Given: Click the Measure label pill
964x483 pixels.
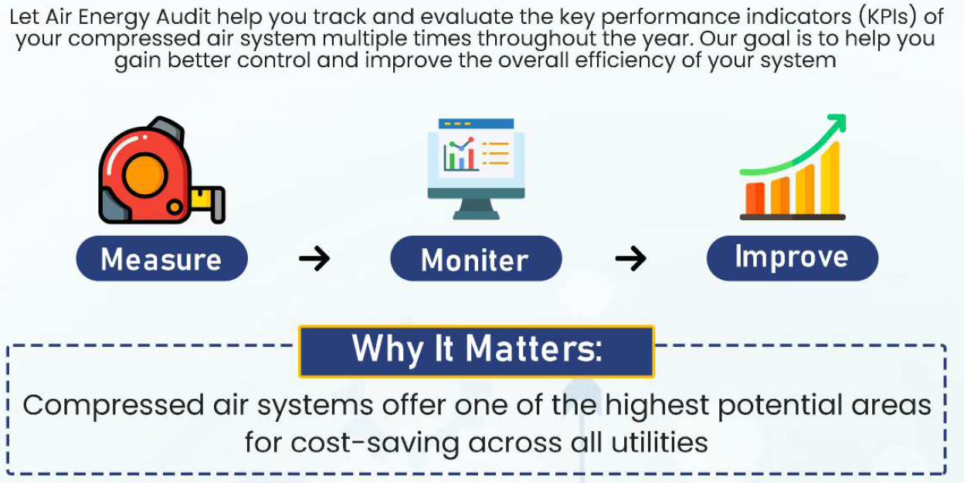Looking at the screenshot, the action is tap(161, 258).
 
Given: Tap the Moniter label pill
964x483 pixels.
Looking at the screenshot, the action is tap(476, 258).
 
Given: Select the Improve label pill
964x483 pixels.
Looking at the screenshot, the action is tap(793, 258).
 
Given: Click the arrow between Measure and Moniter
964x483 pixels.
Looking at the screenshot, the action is tap(314, 258).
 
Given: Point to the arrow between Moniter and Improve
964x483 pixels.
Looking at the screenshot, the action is tap(631, 258).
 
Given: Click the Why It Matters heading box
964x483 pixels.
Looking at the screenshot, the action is tap(477, 352).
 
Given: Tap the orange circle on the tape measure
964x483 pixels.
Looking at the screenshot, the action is tap(145, 175).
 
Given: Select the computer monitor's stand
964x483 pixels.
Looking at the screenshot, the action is tap(476, 209).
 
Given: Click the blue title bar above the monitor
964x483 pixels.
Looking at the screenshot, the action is tap(476, 124).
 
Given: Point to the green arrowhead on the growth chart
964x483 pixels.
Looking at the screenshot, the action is tap(837, 123).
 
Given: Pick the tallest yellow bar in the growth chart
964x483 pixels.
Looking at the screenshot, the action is tap(830, 178).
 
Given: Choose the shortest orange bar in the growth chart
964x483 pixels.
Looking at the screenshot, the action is tap(755, 199).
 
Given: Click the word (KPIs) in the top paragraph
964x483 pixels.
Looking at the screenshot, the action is tap(888, 17).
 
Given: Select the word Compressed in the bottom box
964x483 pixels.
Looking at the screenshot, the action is tap(114, 406).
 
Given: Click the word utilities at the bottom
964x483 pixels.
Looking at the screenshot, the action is tap(660, 442).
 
